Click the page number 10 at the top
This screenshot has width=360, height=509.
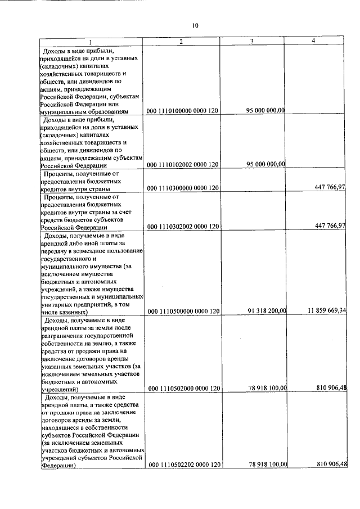click(195, 25)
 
